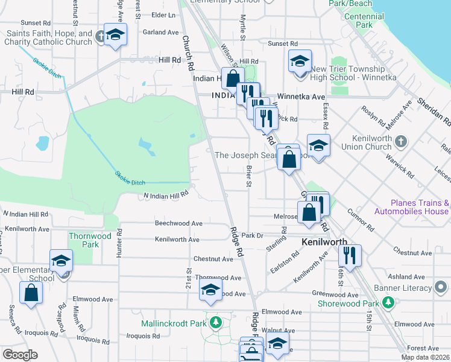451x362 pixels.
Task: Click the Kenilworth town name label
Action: (x=324, y=241)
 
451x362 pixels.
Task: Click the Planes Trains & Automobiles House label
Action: (x=411, y=208)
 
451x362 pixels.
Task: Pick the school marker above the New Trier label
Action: (x=299, y=61)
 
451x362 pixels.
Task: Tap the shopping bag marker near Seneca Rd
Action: (x=31, y=293)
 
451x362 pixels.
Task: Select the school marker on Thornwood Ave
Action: (x=210, y=290)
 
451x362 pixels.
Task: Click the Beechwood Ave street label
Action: (x=178, y=223)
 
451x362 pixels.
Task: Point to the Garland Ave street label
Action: (x=161, y=32)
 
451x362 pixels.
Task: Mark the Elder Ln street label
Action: (x=163, y=14)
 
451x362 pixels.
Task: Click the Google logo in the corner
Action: (x=20, y=355)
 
